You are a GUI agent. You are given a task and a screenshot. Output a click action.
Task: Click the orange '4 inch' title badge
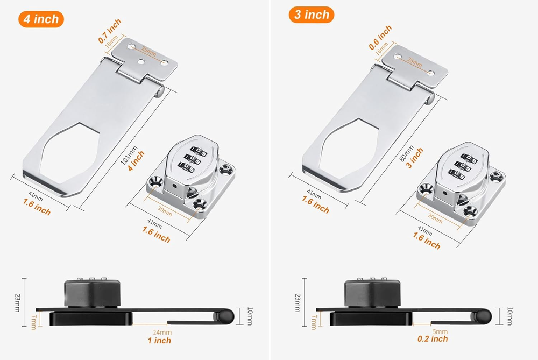(41, 19)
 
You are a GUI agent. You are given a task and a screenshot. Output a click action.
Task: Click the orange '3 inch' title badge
(312, 15)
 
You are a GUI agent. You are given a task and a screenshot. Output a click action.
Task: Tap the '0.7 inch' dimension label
(109, 31)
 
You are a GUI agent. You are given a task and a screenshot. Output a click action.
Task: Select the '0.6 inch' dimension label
(380, 38)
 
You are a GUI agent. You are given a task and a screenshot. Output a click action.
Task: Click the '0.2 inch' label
(433, 339)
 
